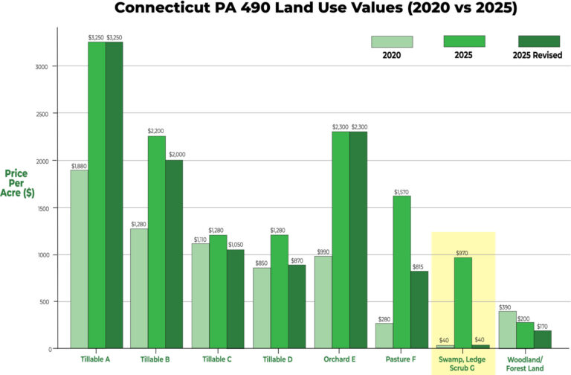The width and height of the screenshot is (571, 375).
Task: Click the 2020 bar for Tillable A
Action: (x=79, y=259)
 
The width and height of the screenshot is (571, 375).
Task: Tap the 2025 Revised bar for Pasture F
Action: (x=419, y=310)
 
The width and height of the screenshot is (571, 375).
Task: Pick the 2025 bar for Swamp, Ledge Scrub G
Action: (x=462, y=303)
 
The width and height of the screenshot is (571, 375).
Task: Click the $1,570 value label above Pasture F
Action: (x=401, y=192)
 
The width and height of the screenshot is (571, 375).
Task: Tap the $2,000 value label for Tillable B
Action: (x=175, y=155)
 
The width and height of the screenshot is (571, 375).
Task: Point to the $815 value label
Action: (x=419, y=266)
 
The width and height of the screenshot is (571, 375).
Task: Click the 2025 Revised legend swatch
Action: (x=538, y=42)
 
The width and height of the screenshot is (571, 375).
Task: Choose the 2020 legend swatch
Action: (x=392, y=42)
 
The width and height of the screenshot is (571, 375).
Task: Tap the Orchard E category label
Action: (x=341, y=359)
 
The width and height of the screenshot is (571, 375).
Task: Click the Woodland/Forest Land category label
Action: (x=524, y=363)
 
